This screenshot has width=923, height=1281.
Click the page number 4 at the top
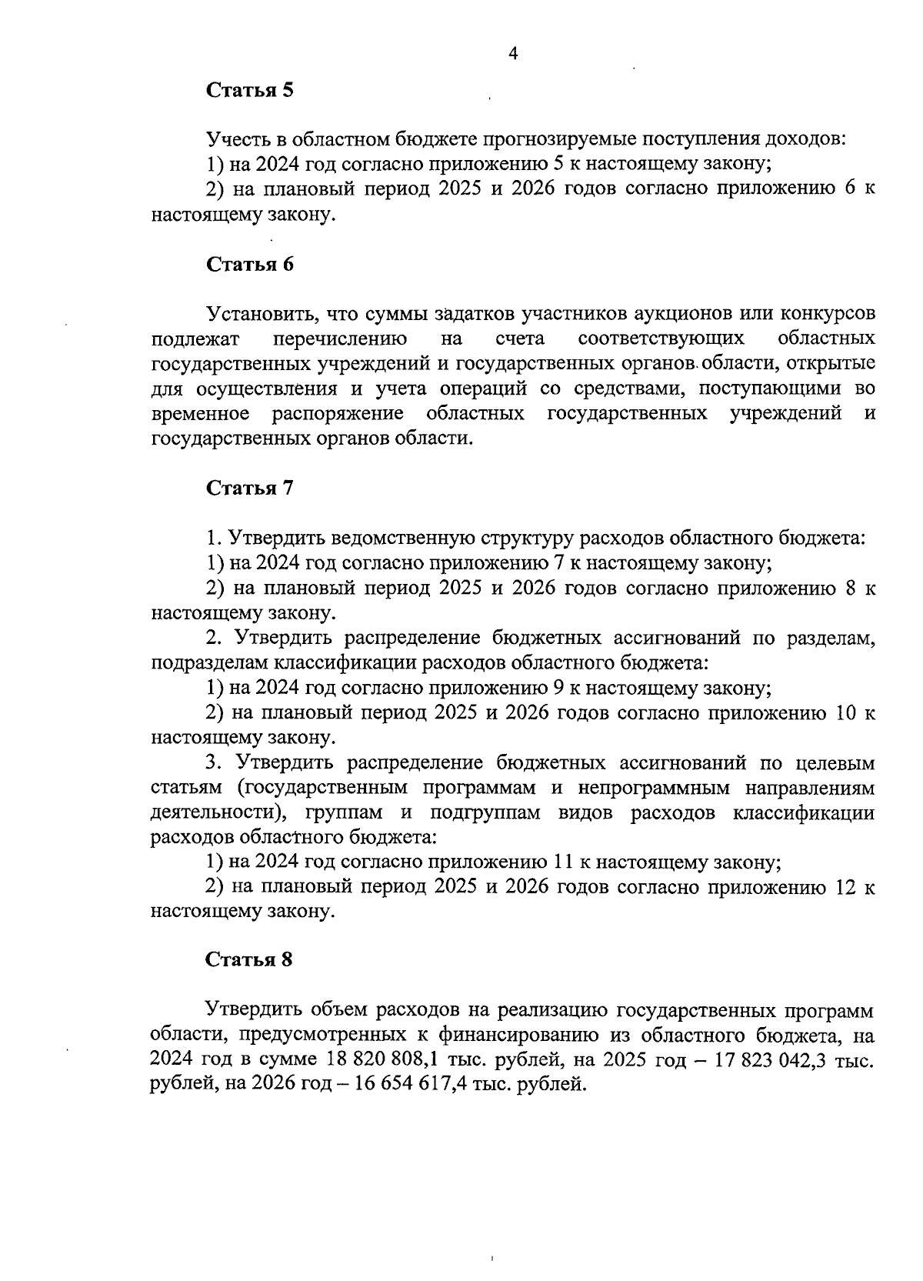514,53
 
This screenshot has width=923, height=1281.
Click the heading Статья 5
250,91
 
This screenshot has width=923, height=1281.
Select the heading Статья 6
250,265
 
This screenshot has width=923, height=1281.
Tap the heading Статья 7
250,489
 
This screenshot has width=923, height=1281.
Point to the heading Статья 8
250,960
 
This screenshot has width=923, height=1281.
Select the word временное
202,414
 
